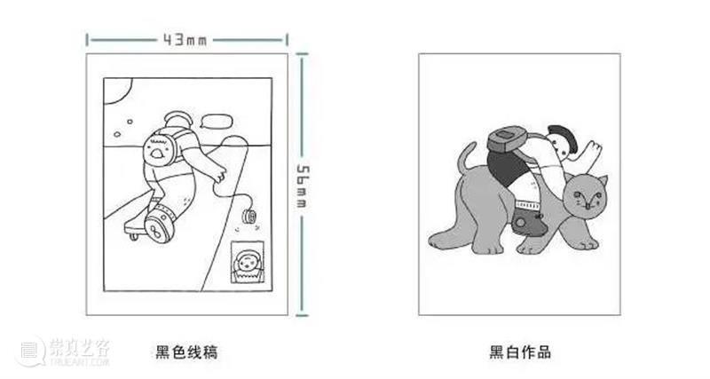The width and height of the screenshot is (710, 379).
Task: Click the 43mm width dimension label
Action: pyautogui.click(x=185, y=40)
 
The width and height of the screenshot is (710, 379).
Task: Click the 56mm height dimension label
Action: pyautogui.click(x=303, y=186)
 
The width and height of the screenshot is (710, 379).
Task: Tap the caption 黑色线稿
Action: pyautogui.click(x=186, y=351)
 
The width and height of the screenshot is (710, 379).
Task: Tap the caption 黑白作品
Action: pyautogui.click(x=520, y=351)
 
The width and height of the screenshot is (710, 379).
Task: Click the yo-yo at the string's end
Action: pyautogui.click(x=249, y=217)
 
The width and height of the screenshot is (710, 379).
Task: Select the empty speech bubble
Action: pyautogui.click(x=217, y=121)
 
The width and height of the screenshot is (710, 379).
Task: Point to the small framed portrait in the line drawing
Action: pyautogui.click(x=248, y=262)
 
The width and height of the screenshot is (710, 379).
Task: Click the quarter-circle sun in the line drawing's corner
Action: pyautogui.click(x=117, y=91)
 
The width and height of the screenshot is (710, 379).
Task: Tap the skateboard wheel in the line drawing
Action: pyautogui.click(x=133, y=236)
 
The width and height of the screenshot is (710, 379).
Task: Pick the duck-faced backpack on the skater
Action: pyautogui.click(x=159, y=148)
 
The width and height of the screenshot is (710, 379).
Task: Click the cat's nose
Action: pyautogui.click(x=588, y=206)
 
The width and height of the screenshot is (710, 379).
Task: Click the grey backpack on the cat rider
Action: pyautogui.click(x=508, y=138)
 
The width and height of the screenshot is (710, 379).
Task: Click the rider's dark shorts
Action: pyautogui.click(x=506, y=170)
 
